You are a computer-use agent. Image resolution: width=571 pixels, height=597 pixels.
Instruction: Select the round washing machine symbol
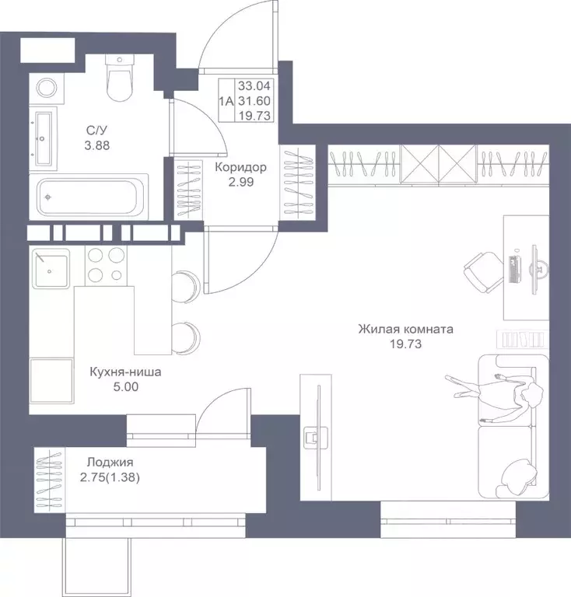click(x=47, y=88)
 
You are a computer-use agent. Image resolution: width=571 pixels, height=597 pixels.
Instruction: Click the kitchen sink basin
click(x=51, y=269)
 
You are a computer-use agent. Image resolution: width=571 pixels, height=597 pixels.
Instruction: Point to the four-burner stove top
click(x=106, y=264)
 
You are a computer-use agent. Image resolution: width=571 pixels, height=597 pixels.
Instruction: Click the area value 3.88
click(x=96, y=145)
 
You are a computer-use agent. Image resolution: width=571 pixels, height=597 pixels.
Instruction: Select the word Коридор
click(x=240, y=167)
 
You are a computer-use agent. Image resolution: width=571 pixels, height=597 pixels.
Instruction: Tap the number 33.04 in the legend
click(x=254, y=86)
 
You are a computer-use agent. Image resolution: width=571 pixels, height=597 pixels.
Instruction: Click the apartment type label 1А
click(x=226, y=101)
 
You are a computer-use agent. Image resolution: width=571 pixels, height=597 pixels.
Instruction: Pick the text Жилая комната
click(x=405, y=329)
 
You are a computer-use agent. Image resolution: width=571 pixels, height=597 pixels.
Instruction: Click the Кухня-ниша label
click(x=125, y=372)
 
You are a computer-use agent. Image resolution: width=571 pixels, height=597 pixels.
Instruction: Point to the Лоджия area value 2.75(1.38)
click(x=110, y=477)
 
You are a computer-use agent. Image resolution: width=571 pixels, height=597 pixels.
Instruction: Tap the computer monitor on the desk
click(x=538, y=269)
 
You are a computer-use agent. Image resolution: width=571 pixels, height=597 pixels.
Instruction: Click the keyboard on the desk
click(x=515, y=269)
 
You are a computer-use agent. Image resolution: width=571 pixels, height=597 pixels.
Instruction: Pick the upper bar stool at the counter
click(x=186, y=287)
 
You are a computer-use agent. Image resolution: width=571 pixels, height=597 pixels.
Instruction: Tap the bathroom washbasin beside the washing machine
click(x=43, y=138)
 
